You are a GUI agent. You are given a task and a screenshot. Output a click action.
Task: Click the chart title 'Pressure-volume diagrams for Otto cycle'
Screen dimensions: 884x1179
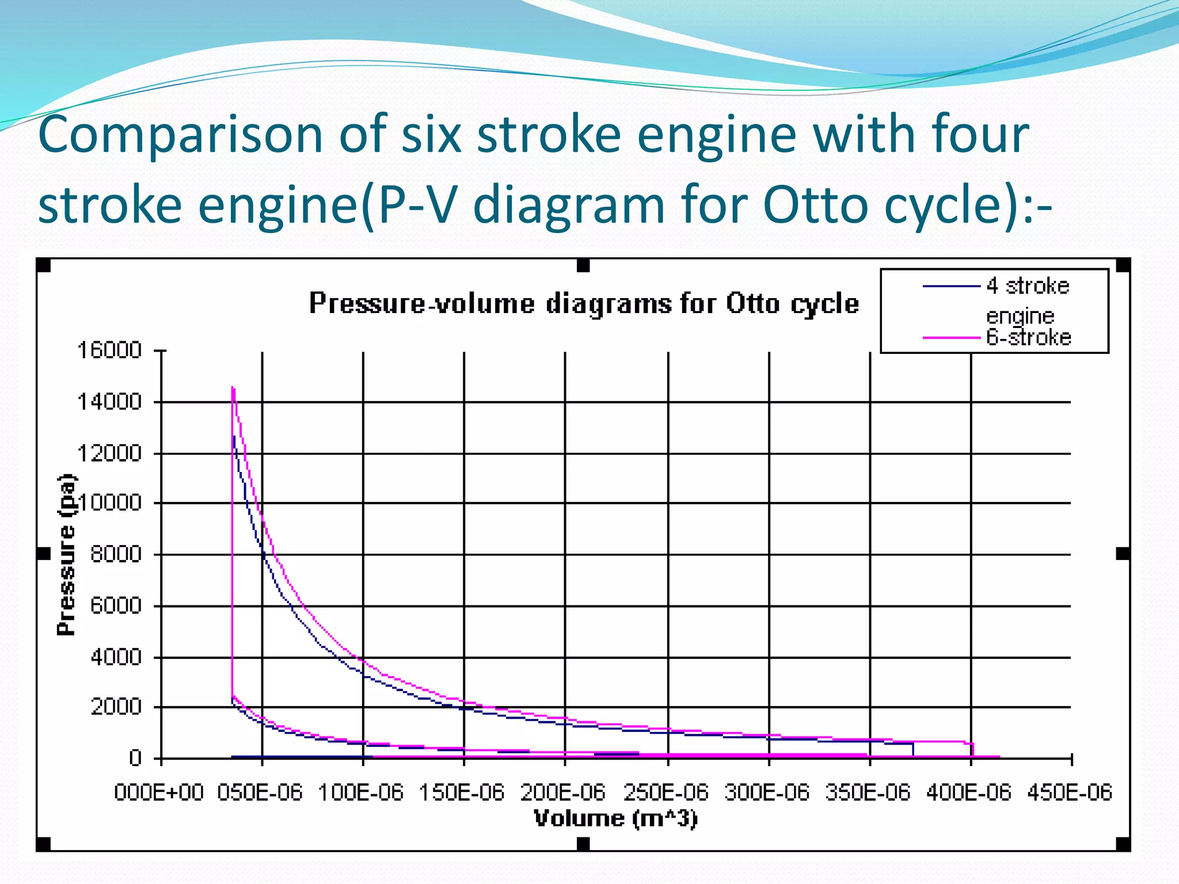[584, 303]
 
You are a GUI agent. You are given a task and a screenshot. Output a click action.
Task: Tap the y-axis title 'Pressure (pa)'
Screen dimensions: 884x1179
[67, 555]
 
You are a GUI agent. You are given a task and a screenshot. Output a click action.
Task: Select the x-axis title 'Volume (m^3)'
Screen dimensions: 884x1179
[615, 818]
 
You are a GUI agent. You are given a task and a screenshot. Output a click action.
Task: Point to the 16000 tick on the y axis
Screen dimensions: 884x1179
[109, 350]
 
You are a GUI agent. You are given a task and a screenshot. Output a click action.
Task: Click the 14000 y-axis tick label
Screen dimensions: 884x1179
[109, 402]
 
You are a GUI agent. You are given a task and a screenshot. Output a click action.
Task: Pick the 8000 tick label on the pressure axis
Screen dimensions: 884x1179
[116, 554]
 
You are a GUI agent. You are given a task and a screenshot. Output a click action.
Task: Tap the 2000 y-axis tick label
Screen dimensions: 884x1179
[116, 706]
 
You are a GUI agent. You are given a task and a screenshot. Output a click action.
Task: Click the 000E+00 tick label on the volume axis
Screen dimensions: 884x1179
[159, 792]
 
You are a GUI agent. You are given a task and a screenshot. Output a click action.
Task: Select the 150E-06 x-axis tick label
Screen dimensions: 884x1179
[462, 792]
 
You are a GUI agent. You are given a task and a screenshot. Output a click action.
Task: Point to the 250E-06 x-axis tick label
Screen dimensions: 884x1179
[666, 792]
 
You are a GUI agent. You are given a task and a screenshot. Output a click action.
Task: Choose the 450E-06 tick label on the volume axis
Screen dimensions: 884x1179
[1070, 792]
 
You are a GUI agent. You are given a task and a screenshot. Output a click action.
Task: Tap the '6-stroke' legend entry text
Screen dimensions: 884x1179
[1029, 337]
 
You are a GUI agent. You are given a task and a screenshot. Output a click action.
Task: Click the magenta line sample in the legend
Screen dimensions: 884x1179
[951, 338]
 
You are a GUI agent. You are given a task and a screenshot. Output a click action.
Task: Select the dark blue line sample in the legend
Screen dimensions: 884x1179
[951, 286]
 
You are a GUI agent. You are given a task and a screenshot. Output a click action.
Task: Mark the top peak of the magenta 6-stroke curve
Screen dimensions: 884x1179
[233, 387]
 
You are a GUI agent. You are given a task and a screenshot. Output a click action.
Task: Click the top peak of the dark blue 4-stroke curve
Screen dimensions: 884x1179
[234, 437]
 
